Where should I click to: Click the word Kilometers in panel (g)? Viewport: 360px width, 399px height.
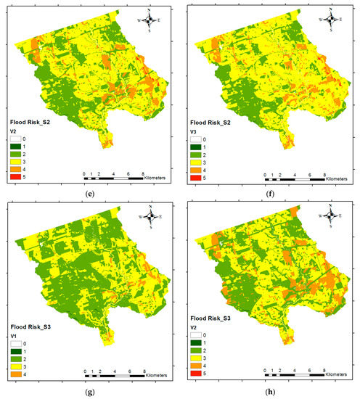tap(152, 377)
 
